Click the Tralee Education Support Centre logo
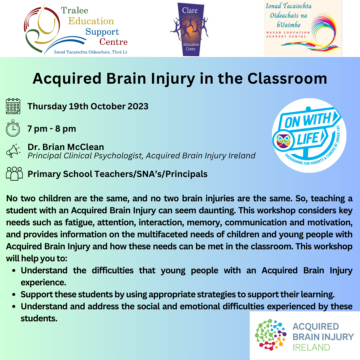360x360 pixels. pos(76,29)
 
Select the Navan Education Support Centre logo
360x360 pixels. pos(303,28)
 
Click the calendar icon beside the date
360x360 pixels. pos(13,106)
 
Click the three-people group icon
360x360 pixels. pos(14,174)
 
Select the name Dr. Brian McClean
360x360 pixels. pos(66,147)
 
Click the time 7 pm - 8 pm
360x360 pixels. pos(52,128)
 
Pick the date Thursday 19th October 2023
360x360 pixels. pos(88,106)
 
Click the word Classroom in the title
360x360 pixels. pos(287,79)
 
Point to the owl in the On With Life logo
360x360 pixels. pos(283,139)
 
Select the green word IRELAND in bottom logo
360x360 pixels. pos(311,347)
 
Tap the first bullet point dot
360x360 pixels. pos(14,271)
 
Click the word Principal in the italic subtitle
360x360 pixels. pos(44,156)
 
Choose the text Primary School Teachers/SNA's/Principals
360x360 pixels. pos(117,174)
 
